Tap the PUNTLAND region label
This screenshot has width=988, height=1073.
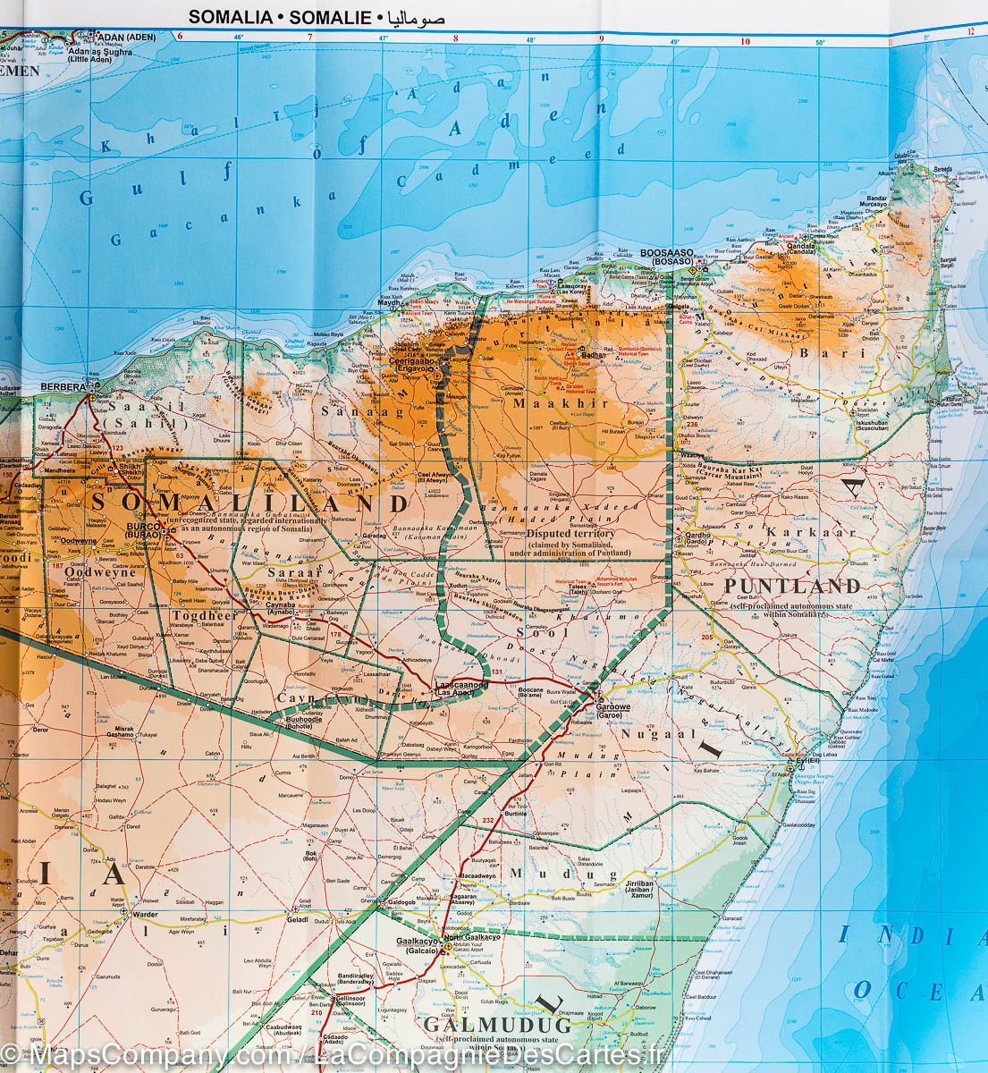click(793, 587)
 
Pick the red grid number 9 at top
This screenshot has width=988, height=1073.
click(601, 38)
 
